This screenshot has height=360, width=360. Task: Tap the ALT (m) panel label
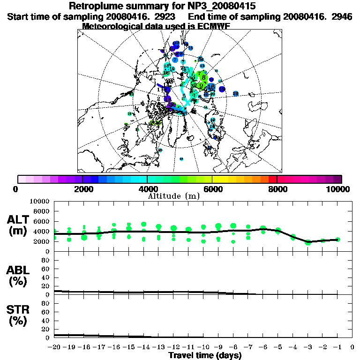pyautogui.click(x=19, y=225)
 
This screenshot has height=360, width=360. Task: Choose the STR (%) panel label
pyautogui.click(x=19, y=315)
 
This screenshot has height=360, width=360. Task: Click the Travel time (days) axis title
pyautogui.click(x=205, y=355)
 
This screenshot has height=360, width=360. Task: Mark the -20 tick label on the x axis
pyautogui.click(x=54, y=347)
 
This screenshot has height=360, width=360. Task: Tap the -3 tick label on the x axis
pyautogui.click(x=307, y=347)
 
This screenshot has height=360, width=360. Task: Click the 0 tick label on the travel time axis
pyautogui.click(x=352, y=347)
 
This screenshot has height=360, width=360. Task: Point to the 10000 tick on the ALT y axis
pyautogui.click(x=40, y=201)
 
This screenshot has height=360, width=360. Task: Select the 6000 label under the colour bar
pyautogui.click(x=213, y=189)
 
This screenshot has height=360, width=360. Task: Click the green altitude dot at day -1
pyautogui.click(x=337, y=240)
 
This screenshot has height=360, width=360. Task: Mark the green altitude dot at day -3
pyautogui.click(x=308, y=242)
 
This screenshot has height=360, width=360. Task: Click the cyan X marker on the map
pyautogui.click(x=187, y=101)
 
